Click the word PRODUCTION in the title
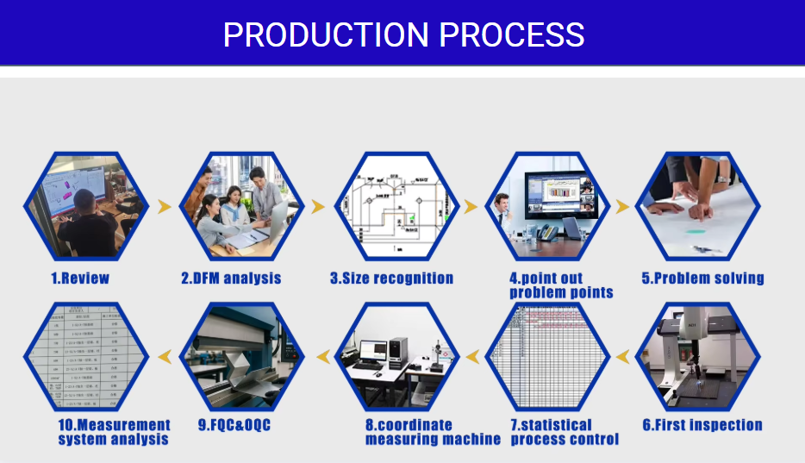(x=328, y=35)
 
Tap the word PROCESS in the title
(x=512, y=35)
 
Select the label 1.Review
(x=80, y=278)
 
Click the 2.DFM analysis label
(x=231, y=278)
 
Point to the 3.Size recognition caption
(x=391, y=278)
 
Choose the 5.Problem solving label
(x=702, y=278)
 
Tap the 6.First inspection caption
(x=702, y=425)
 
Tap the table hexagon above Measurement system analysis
(x=80, y=355)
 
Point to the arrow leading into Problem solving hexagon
(x=622, y=206)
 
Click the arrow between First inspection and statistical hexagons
(x=622, y=355)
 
